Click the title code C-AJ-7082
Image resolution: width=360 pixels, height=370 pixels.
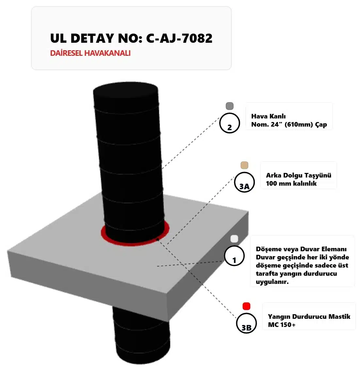179,38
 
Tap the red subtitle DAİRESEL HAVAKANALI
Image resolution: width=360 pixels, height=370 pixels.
90,53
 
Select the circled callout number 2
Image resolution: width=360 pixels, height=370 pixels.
230,123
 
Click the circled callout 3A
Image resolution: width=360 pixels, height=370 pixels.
244,182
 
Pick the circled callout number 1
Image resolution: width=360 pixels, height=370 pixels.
234,256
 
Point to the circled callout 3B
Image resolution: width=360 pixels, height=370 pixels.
246,323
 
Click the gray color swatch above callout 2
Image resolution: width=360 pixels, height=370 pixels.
230,106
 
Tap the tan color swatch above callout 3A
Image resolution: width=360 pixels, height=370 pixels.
244,165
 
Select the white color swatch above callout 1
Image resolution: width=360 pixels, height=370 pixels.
234,239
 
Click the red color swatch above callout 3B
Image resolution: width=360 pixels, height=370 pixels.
246,306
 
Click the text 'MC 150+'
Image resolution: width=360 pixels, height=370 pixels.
282,325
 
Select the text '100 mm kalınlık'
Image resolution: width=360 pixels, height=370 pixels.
291,183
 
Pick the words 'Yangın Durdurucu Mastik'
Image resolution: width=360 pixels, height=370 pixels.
309,317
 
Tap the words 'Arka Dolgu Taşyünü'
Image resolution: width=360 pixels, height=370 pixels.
299,175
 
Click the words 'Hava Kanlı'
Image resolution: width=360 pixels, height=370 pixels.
268,116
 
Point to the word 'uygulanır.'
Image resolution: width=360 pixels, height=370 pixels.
272,282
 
